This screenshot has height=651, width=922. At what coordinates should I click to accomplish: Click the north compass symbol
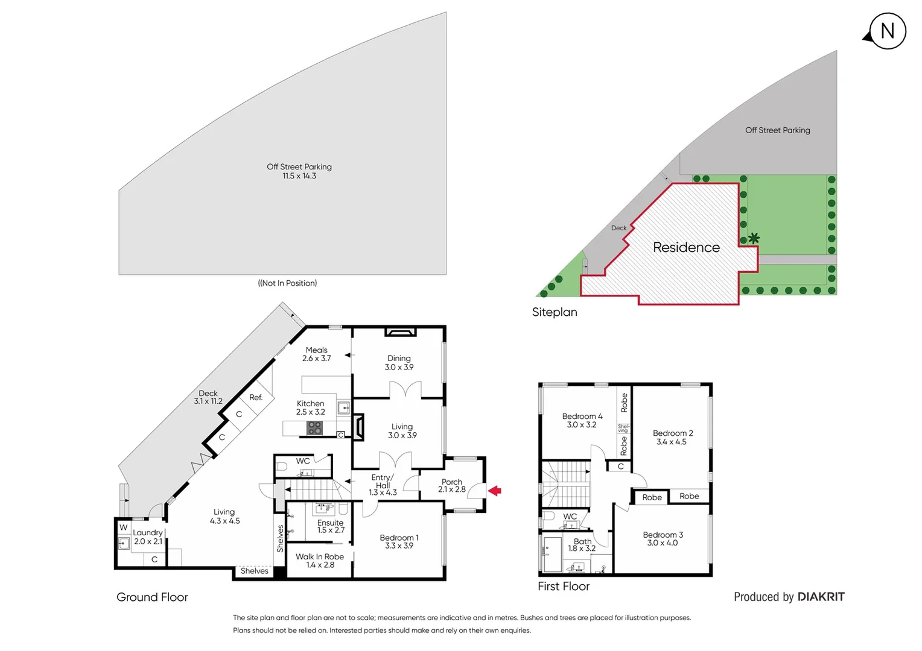[x=887, y=31]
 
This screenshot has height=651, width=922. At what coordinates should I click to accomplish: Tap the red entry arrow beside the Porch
[x=495, y=491]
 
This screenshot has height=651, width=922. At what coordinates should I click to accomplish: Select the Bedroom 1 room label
[x=399, y=538]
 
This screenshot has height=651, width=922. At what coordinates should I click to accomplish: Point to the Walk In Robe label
[x=320, y=557]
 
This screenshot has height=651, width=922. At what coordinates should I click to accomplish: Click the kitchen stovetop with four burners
[x=314, y=428]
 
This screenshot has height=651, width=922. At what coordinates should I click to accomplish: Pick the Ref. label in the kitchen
[x=256, y=398]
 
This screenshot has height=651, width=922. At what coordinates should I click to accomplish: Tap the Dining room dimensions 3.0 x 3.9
[x=399, y=367]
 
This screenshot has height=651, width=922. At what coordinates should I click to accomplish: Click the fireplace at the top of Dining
[x=399, y=332]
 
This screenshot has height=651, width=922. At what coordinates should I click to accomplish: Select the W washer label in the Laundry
[x=124, y=527]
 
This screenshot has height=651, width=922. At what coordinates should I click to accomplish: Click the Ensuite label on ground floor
[x=330, y=523]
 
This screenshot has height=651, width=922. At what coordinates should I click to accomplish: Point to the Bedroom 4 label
[x=582, y=417]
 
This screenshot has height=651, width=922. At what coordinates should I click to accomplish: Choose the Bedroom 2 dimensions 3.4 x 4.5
[x=672, y=442]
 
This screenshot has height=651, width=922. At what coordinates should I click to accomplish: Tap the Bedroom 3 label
[x=663, y=535]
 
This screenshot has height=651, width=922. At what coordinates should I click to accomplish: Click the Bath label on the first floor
[x=582, y=541]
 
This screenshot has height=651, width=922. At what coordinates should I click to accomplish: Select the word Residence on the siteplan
[x=686, y=248]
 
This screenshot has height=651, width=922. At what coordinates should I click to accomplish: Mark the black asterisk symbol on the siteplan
[x=754, y=238]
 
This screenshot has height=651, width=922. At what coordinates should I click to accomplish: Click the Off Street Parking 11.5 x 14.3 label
[x=299, y=171]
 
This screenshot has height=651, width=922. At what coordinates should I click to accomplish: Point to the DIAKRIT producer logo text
[x=821, y=597]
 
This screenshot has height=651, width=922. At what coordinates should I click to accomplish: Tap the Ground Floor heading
[x=152, y=597]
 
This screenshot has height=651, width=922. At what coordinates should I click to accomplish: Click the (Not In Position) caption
[x=287, y=283]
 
